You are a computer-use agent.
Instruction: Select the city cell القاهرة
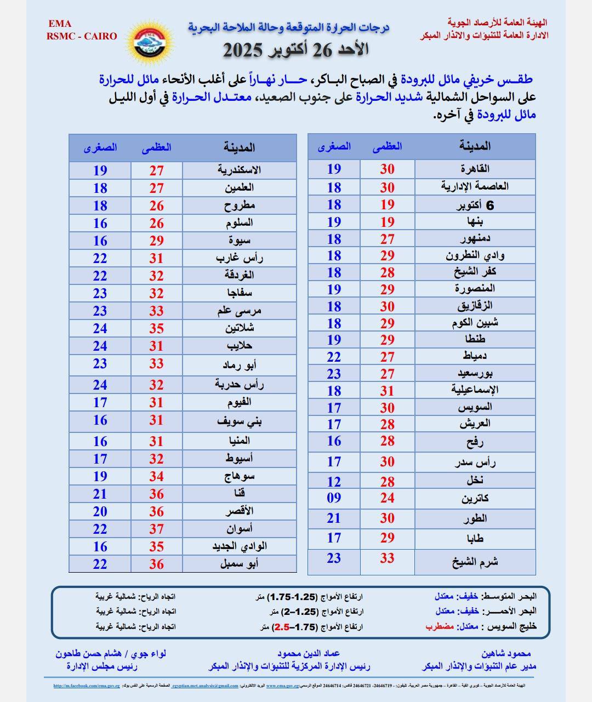click(475, 168)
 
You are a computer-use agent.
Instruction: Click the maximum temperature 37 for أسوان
click(157, 529)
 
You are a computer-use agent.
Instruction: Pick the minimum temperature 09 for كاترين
click(334, 498)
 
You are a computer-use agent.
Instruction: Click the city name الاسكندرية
click(239, 170)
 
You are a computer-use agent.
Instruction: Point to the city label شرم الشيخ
click(475, 562)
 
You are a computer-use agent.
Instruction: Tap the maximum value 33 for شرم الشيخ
click(387, 558)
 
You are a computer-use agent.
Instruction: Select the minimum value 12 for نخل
click(334, 482)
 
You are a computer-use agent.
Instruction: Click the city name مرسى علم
click(239, 311)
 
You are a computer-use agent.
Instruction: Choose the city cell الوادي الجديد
click(240, 546)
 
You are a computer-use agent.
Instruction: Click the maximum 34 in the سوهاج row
click(157, 476)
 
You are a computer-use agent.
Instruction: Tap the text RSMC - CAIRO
click(82, 36)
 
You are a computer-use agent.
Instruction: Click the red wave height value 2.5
click(282, 626)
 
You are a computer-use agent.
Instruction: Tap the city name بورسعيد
click(475, 374)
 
